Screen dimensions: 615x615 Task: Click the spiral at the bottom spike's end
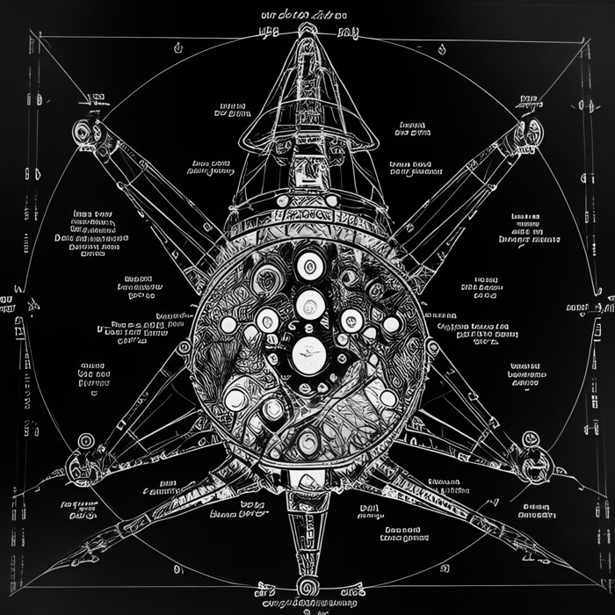(307, 584)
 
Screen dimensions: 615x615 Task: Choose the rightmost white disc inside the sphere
(391, 326)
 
